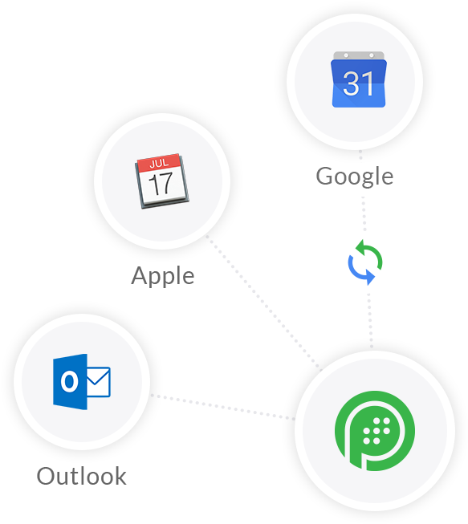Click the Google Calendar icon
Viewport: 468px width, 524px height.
click(x=359, y=79)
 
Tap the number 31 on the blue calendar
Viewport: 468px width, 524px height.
click(x=358, y=83)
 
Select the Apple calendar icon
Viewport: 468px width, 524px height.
click(x=162, y=181)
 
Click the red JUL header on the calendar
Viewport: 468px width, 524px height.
click(x=159, y=163)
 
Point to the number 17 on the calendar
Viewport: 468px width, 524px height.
click(x=161, y=184)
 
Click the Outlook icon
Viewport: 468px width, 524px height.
click(x=82, y=382)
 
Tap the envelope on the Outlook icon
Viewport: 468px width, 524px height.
click(x=98, y=382)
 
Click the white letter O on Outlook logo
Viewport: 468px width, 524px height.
click(x=70, y=382)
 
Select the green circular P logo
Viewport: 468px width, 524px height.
click(x=375, y=431)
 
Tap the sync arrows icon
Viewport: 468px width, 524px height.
click(x=365, y=262)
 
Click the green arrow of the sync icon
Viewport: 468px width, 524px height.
click(x=369, y=254)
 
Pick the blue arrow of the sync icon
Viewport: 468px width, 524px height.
click(x=360, y=270)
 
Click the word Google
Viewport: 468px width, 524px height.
click(x=355, y=177)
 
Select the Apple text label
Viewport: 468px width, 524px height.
click(x=163, y=276)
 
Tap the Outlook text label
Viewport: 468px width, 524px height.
click(x=82, y=476)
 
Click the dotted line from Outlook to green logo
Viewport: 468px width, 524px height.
click(x=222, y=407)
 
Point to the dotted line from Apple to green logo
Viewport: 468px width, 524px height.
click(x=264, y=303)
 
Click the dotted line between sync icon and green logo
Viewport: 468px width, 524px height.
click(x=370, y=321)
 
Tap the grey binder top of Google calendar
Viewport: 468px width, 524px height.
click(x=359, y=56)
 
